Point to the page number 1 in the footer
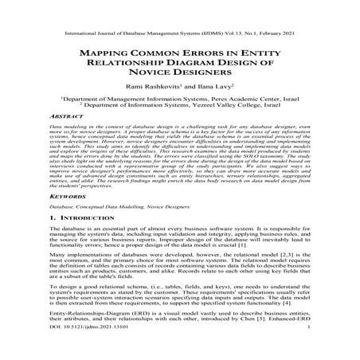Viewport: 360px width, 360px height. [x=330, y=348]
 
